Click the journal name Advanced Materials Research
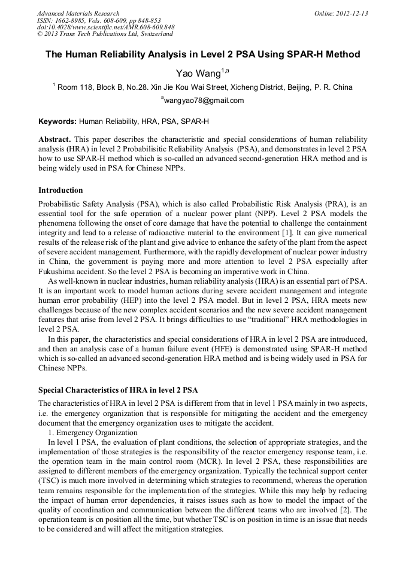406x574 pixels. point(78,13)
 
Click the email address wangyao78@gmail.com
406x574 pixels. point(204,101)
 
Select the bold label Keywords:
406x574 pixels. point(57,121)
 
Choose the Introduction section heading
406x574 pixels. point(60,190)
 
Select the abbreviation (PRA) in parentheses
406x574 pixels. point(340,204)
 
